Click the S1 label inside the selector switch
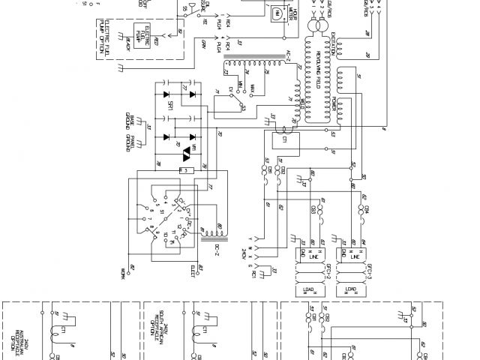tap(161, 211)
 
